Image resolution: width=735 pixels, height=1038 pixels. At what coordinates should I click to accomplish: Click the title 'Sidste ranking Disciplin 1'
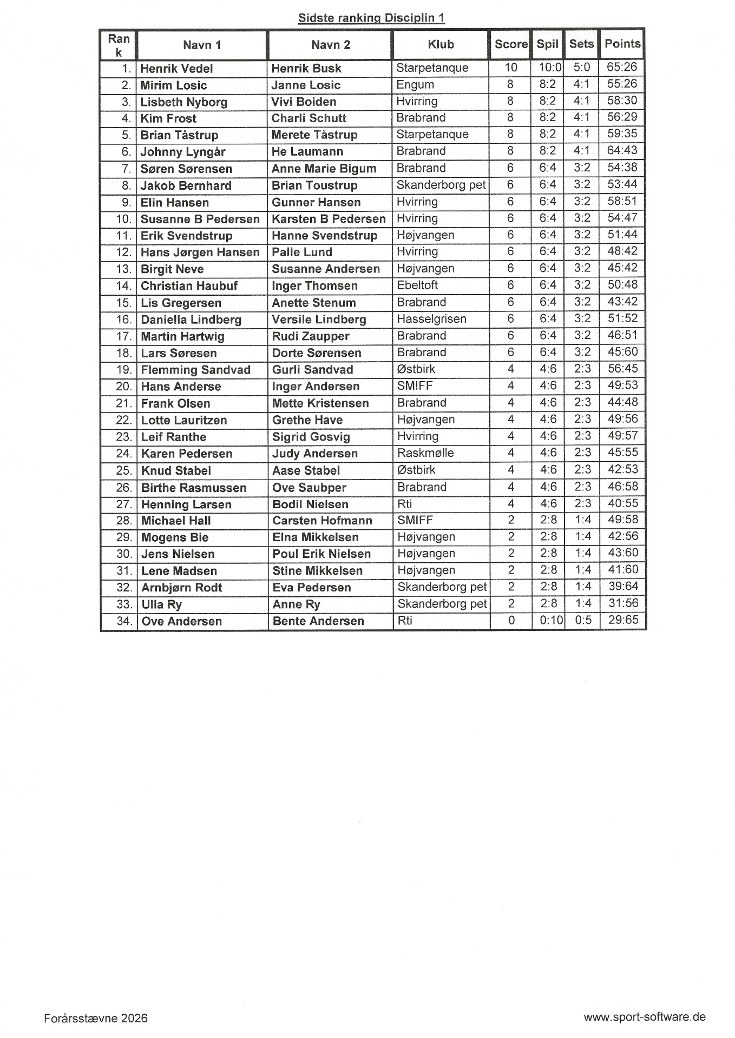[x=371, y=18]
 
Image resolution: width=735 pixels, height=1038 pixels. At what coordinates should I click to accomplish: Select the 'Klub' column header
[x=441, y=44]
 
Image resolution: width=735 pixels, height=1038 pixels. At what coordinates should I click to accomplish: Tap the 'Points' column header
[x=622, y=44]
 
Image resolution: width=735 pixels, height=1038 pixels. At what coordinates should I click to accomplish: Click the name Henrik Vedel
[x=176, y=69]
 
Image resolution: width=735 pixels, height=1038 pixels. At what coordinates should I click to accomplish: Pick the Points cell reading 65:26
[x=622, y=68]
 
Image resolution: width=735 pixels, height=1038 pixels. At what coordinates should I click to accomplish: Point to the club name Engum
[x=415, y=85]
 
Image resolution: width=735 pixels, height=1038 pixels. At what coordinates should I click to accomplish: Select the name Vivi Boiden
[x=304, y=102]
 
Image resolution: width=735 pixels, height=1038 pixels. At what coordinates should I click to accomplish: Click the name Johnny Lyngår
[x=183, y=152]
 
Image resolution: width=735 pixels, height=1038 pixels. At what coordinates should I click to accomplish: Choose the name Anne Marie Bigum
[x=324, y=169]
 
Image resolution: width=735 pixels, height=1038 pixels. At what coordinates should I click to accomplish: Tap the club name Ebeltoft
[x=417, y=285]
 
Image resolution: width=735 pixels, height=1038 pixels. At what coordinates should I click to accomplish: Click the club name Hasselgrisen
[x=431, y=319]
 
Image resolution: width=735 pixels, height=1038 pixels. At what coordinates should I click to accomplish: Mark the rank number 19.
[x=124, y=370]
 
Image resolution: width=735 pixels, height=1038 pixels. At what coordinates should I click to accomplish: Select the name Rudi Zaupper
[x=310, y=336]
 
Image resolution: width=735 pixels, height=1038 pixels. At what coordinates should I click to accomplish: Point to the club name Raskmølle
[x=425, y=453]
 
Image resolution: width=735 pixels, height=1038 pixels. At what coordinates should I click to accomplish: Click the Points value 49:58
[x=622, y=520]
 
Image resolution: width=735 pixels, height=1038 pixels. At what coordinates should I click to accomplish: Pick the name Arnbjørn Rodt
[x=182, y=588]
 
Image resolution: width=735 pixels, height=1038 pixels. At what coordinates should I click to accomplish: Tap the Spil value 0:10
[x=551, y=620]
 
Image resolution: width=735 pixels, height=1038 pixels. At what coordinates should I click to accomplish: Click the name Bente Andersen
[x=318, y=621]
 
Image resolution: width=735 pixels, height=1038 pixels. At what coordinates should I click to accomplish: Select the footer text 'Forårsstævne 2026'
[x=96, y=1018]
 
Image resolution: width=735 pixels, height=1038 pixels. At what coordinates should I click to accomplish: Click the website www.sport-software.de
[x=644, y=1017]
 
